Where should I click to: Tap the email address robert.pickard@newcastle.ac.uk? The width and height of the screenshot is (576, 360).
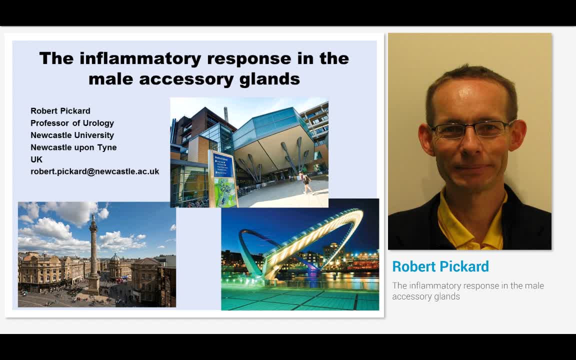(x=95, y=171)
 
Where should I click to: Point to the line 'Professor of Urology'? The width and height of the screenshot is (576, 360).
(x=72, y=123)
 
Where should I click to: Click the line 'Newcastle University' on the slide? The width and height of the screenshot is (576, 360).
(x=72, y=135)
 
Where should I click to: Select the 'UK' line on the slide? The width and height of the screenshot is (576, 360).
(x=36, y=159)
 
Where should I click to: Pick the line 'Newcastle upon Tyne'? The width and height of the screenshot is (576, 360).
(x=73, y=147)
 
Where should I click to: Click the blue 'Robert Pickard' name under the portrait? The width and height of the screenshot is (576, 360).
(x=440, y=266)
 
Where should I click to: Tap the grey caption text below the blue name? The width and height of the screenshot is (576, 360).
(x=467, y=291)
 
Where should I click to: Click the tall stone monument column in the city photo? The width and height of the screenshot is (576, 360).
(x=93, y=255)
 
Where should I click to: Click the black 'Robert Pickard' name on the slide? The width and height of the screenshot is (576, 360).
(x=60, y=111)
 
